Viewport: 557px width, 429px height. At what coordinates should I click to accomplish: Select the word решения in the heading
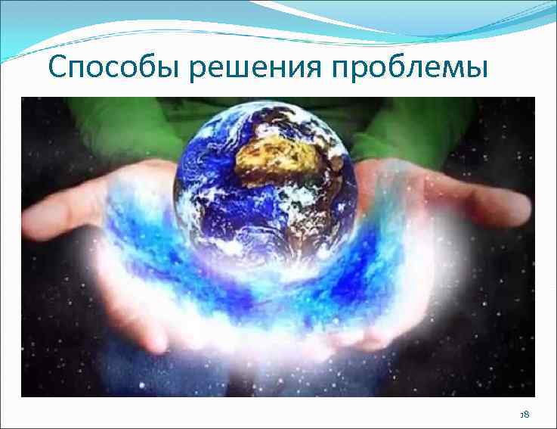(259, 70)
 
